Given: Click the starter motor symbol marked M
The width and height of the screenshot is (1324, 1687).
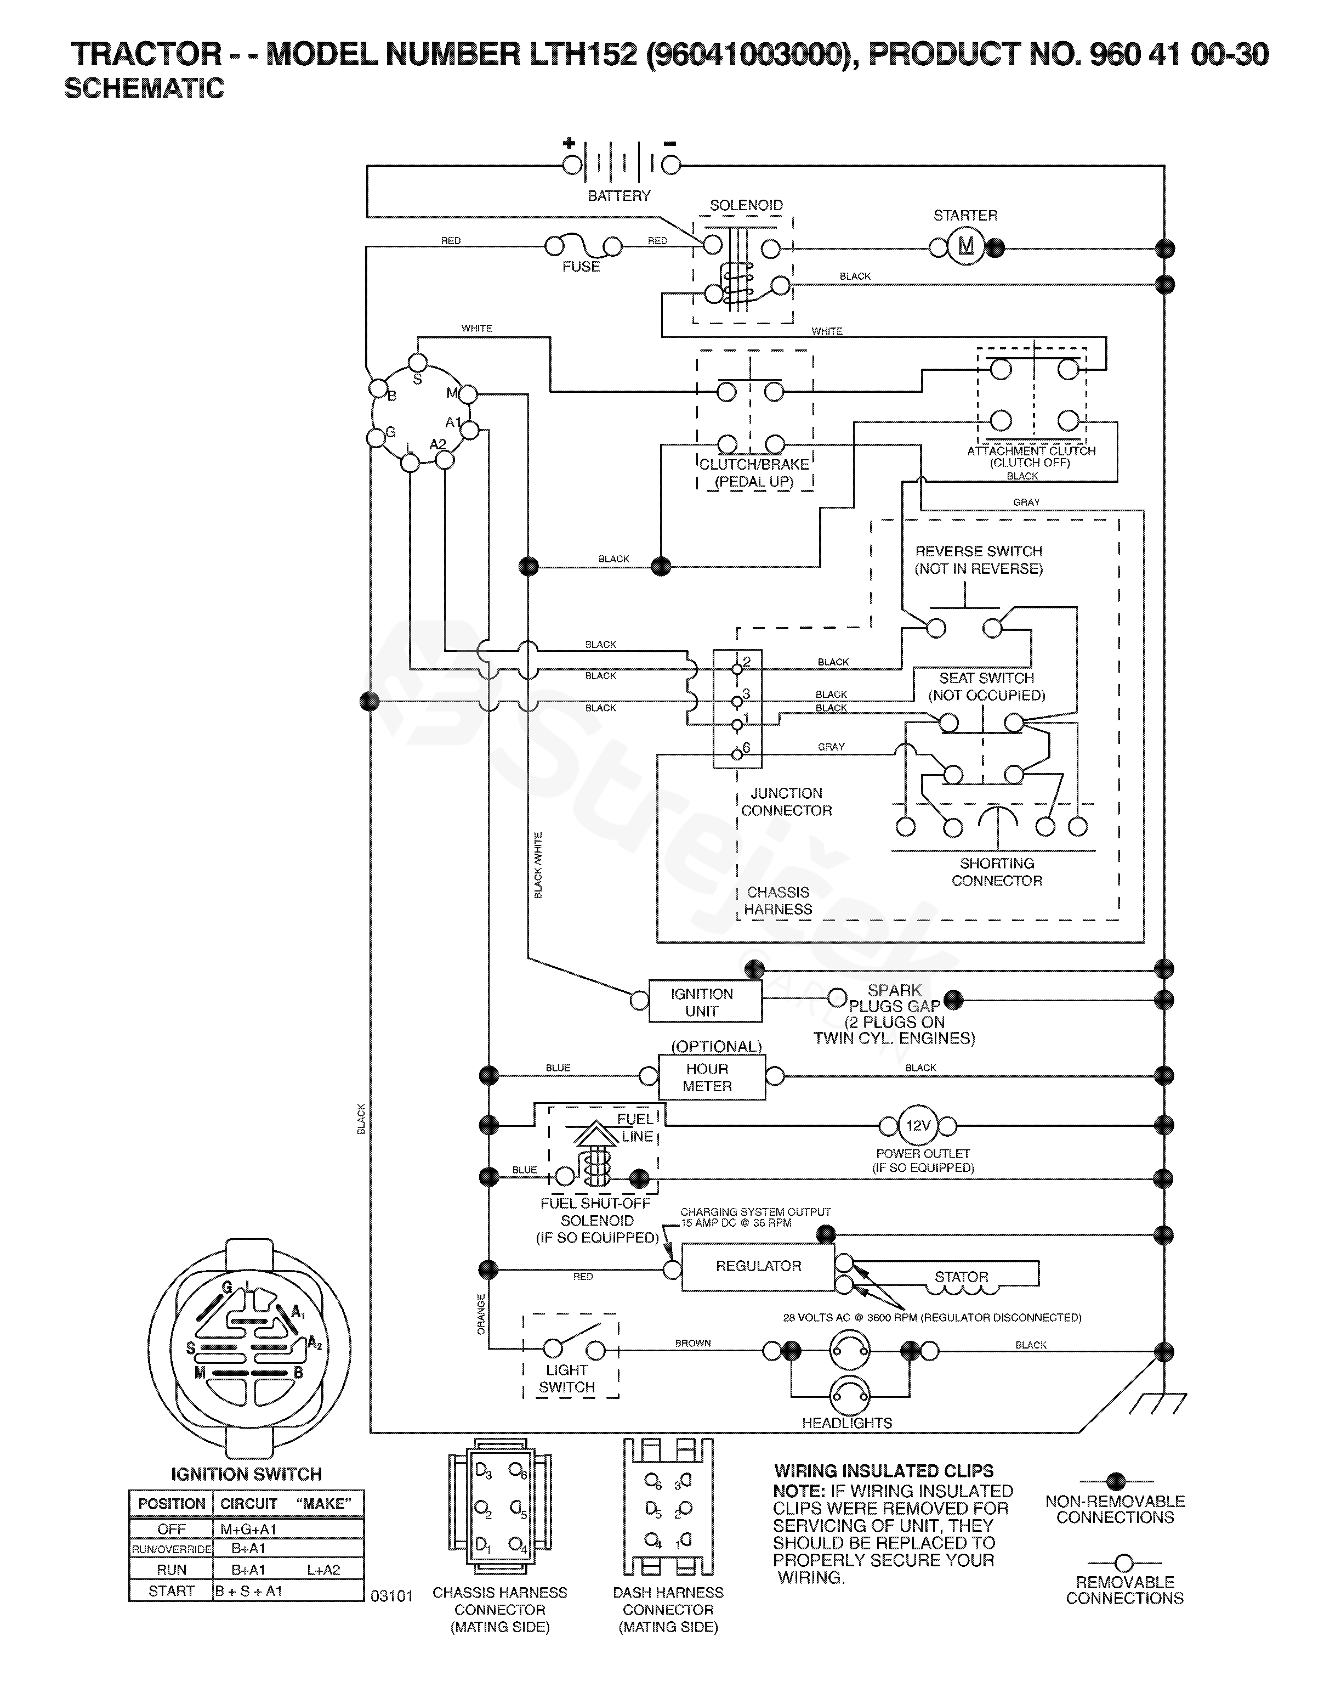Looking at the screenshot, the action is [x=966, y=247].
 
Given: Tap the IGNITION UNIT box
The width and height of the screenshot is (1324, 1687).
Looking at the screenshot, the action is [x=706, y=1001].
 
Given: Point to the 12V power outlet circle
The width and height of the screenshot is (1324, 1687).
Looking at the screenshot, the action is [x=918, y=1125].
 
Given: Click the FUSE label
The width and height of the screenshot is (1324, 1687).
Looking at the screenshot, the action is [x=581, y=267].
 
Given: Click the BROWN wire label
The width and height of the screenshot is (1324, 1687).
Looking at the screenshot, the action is [x=693, y=1342].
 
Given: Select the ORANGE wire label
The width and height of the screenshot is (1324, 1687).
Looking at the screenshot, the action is [x=481, y=1314].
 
